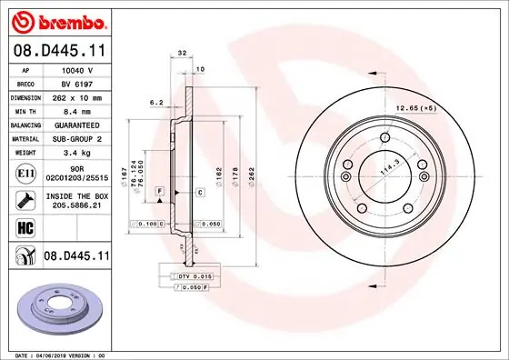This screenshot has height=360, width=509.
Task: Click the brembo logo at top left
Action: point(56,19)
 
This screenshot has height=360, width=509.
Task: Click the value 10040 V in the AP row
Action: point(77,69)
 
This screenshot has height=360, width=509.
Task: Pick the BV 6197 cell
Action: point(77,82)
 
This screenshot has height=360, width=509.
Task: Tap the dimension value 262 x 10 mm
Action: point(77,95)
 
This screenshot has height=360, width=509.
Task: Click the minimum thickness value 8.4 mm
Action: point(77,109)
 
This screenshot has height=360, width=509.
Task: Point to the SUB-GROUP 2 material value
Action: point(77,137)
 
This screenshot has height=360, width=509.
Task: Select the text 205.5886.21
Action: point(77,205)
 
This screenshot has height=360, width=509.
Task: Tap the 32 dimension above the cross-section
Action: point(183,54)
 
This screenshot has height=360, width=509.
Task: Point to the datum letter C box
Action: point(199,193)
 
